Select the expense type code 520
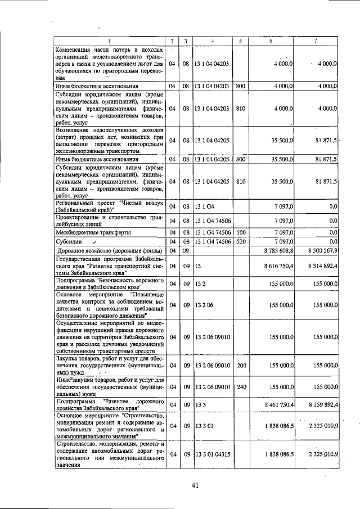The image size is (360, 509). pos(241,241)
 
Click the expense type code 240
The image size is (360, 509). pos(241,388)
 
